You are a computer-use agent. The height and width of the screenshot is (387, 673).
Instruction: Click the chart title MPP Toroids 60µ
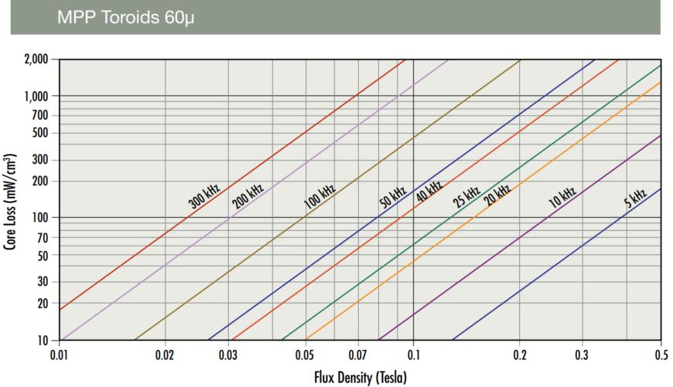click(125, 17)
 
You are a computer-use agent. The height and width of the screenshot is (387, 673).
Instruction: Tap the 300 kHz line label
click(204, 196)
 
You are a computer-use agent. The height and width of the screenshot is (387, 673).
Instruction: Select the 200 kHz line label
click(248, 196)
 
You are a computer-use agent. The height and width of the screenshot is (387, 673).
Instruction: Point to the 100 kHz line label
click(319, 196)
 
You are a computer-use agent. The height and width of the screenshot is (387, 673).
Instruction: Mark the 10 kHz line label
click(562, 199)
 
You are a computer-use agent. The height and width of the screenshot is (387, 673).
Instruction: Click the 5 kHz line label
click(635, 200)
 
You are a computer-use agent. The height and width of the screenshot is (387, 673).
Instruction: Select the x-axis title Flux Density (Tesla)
click(360, 378)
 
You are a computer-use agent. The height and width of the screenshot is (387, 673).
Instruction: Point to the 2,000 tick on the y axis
click(36, 59)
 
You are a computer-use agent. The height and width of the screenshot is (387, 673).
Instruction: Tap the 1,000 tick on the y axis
click(36, 96)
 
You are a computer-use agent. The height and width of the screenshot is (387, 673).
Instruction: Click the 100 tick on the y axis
click(42, 218)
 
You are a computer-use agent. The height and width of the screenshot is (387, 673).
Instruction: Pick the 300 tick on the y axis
click(42, 160)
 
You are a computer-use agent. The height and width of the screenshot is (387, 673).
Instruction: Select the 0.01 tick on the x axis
click(60, 356)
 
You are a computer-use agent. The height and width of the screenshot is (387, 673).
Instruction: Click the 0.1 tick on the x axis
click(413, 356)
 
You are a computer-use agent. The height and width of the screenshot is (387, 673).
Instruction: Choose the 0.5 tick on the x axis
click(660, 356)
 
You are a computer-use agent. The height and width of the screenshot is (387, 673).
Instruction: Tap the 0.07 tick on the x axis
click(358, 356)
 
